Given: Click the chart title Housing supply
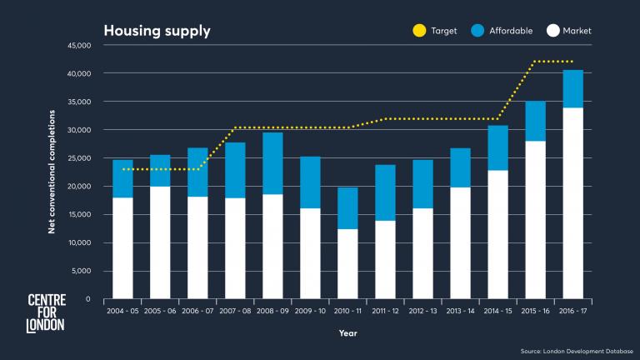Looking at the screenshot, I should [x=157, y=32].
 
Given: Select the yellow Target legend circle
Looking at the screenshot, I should [x=419, y=32].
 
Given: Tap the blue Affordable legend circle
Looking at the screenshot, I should [x=478, y=32].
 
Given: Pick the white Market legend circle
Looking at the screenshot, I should [x=552, y=32].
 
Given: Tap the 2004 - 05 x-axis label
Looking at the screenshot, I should [x=122, y=310].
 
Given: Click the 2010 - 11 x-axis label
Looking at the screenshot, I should [x=347, y=310].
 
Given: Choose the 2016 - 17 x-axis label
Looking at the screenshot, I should [x=572, y=310].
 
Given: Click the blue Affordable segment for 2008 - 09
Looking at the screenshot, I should [x=272, y=163].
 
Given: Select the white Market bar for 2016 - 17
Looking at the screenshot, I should [x=572, y=203].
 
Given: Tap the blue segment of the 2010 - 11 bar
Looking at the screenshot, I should [x=347, y=208].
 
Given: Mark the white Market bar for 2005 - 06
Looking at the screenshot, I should [x=160, y=242].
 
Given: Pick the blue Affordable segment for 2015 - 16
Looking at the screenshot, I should [x=535, y=122].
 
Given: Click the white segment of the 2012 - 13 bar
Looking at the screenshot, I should [x=422, y=253].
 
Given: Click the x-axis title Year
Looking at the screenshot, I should [x=347, y=333].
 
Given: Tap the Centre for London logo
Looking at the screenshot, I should [x=46, y=312].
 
